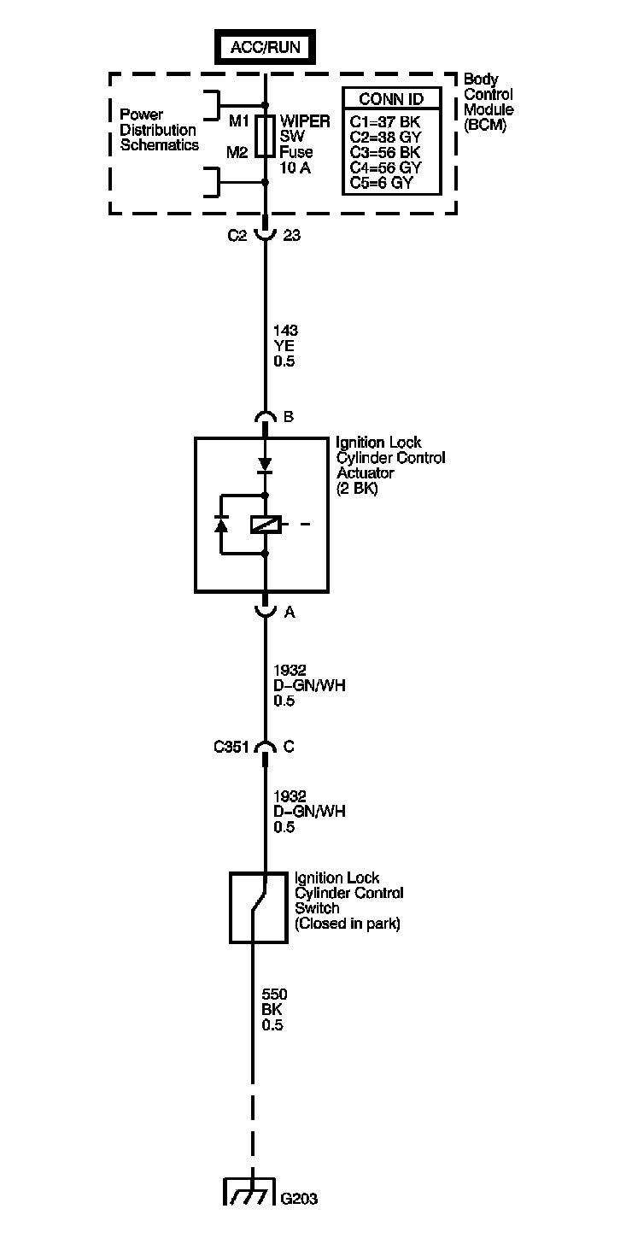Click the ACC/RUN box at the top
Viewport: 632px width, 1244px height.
pos(265,47)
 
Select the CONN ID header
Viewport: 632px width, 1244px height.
pos(391,99)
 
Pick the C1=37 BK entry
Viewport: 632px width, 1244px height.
pos(385,121)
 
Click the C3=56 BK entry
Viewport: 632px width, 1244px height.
pos(385,152)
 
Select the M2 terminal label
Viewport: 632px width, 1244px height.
pos(237,152)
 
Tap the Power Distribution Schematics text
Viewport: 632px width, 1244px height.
pos(159,130)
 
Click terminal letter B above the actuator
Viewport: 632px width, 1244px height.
pos(288,417)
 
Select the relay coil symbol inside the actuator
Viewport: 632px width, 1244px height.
pos(265,525)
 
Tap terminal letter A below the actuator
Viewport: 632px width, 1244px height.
pos(288,612)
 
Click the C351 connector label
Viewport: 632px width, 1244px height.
pos(231,747)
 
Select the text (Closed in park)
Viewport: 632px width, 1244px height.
pos(347,924)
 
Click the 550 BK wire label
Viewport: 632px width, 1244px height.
pos(273,1009)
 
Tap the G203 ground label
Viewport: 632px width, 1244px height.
pos(299,1199)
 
